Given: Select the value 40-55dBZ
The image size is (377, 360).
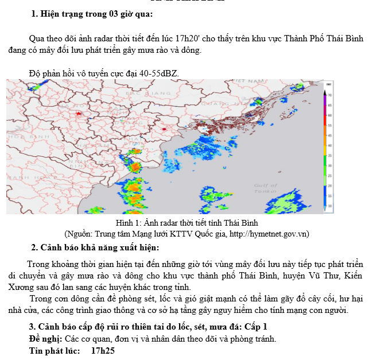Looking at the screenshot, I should click(158, 73).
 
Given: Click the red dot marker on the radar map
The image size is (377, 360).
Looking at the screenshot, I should click(164, 130).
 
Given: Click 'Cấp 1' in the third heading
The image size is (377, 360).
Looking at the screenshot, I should click(254, 326).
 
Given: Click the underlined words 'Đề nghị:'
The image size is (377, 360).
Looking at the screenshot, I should click(45, 338).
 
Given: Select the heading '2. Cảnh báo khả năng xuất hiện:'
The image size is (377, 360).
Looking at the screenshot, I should click(95, 247).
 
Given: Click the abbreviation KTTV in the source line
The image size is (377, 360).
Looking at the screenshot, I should click(176, 233).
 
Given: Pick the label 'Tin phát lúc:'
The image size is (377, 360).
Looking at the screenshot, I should click(54, 350).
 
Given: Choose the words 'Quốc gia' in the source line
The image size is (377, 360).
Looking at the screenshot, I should click(205, 233).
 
